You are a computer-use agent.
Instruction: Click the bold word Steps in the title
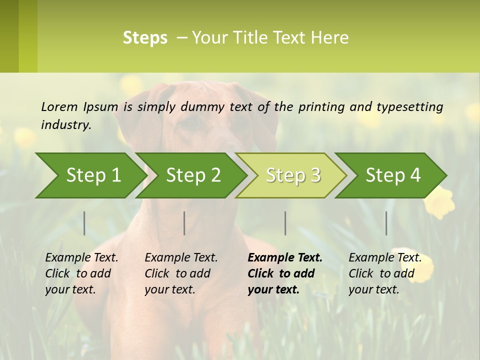tap(145, 38)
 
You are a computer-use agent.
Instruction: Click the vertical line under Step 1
tap(84, 223)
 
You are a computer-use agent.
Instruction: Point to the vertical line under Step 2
tap(184, 223)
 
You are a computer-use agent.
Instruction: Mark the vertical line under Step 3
tap(285, 223)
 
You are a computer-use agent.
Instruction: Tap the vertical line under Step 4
tap(386, 223)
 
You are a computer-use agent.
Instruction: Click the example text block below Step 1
tap(81, 273)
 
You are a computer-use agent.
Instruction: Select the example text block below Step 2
tap(180, 273)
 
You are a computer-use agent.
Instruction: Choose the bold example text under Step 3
tap(284, 273)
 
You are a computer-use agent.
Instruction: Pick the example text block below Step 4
tap(384, 273)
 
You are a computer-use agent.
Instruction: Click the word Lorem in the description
tap(59, 107)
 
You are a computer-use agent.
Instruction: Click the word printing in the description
tap(319, 107)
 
